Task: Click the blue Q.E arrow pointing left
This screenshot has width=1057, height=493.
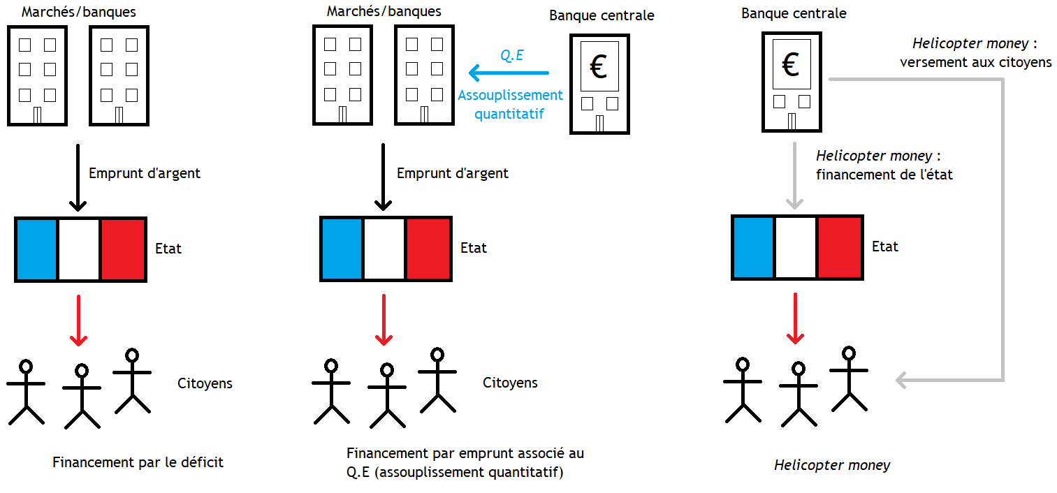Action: (508, 73)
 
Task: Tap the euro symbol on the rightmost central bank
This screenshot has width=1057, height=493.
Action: (790, 66)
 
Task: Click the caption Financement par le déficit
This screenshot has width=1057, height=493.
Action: (138, 462)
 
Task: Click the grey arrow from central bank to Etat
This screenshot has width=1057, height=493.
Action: (794, 175)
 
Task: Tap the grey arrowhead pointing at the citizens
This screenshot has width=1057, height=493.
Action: (903, 381)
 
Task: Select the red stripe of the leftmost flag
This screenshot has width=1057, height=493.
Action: (122, 249)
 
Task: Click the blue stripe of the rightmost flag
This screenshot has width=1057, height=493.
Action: (754, 247)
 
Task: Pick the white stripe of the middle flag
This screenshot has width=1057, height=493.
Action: (384, 249)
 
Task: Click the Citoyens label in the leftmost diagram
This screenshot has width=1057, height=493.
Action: (205, 383)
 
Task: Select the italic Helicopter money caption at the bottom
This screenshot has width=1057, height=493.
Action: (832, 465)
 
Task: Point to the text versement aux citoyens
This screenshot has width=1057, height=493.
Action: (975, 62)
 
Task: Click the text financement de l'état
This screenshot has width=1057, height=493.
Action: (884, 175)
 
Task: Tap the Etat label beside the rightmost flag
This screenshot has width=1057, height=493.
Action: (885, 246)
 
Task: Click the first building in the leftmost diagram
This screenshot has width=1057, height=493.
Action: (37, 75)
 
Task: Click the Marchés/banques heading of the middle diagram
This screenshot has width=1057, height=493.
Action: (384, 12)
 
